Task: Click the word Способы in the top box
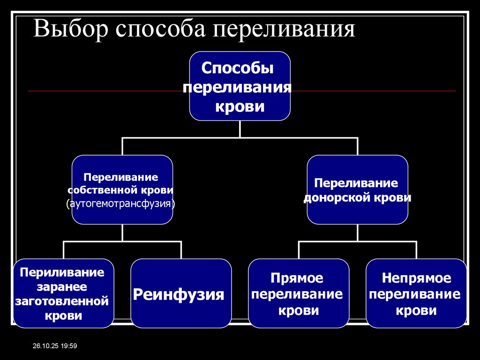[x=237, y=68]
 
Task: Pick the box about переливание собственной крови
[x=122, y=190]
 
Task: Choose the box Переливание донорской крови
[x=357, y=190]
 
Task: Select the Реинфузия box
[x=181, y=293]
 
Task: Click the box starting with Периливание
[x=64, y=293]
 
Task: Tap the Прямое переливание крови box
[x=299, y=293]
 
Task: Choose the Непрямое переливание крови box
[x=416, y=293]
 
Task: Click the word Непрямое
[x=416, y=278]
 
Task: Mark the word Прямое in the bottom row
[x=297, y=278]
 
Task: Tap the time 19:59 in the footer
[x=68, y=346]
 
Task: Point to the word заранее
[x=63, y=286]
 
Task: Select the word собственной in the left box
[x=103, y=191]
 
